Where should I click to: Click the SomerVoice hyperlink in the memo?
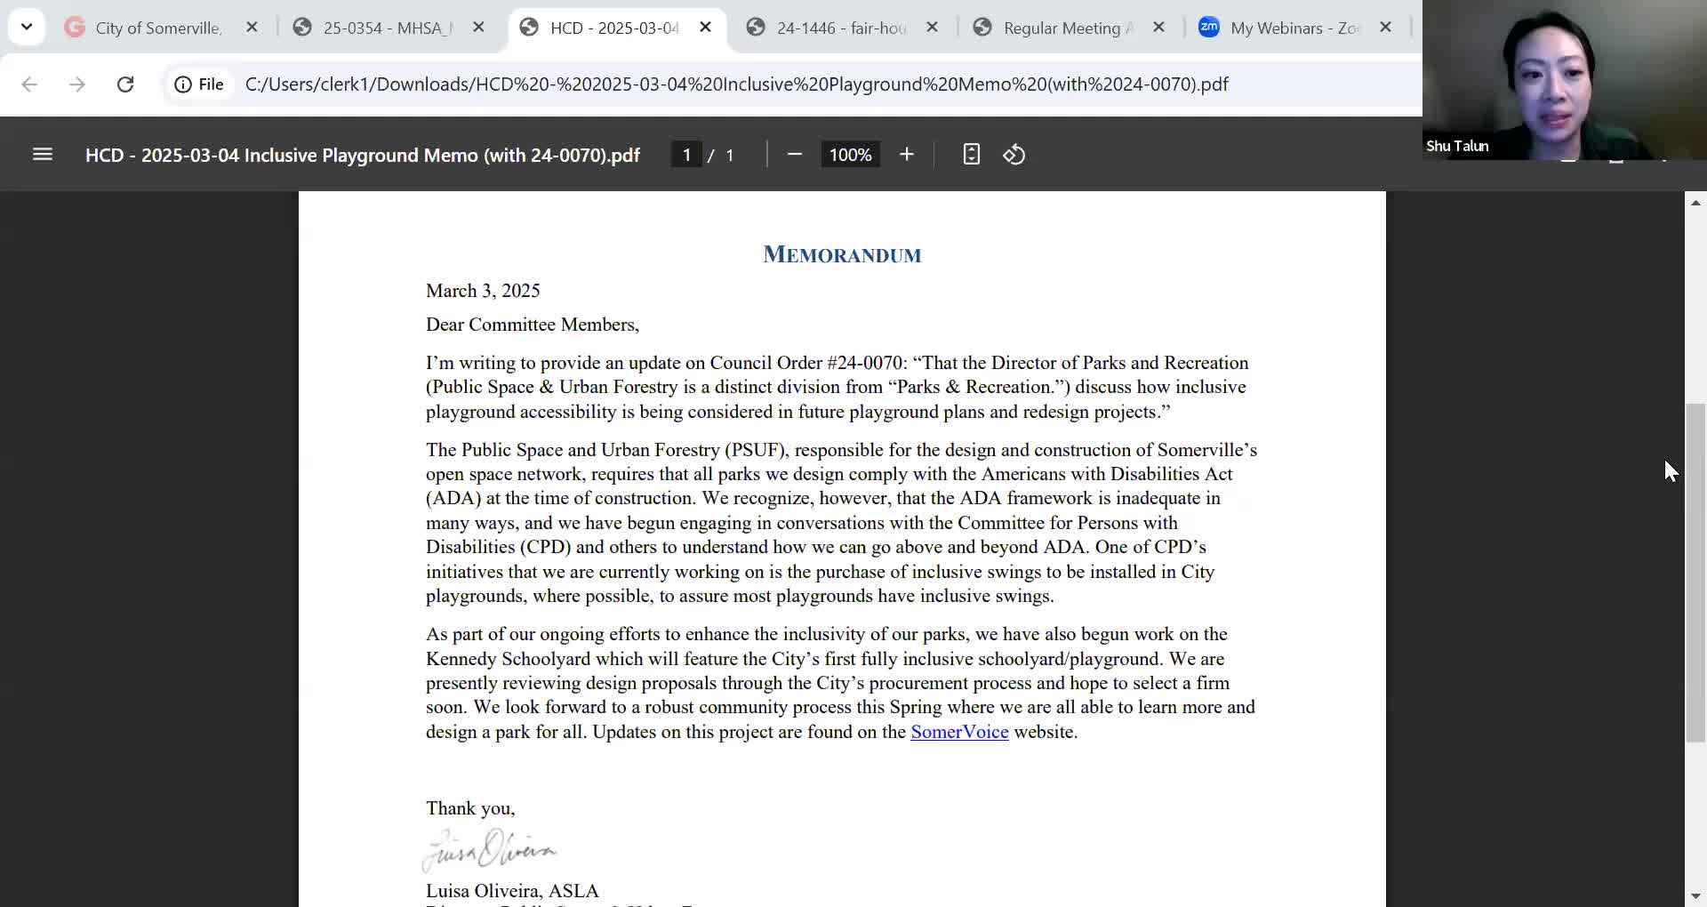(x=959, y=732)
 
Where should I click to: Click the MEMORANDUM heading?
(x=842, y=255)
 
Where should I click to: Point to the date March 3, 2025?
(x=483, y=291)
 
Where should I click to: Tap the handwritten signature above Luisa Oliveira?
(x=489, y=850)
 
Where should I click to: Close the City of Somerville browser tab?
(x=252, y=28)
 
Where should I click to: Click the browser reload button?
(x=125, y=84)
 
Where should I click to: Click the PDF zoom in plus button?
(x=906, y=155)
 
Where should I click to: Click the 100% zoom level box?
(x=850, y=155)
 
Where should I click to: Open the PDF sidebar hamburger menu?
(x=43, y=155)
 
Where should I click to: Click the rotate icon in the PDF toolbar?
(x=1014, y=155)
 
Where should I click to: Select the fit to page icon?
(x=971, y=155)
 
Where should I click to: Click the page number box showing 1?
(x=686, y=155)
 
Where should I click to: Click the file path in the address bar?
(x=736, y=84)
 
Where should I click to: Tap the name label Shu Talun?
(x=1457, y=146)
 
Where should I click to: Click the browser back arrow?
(x=29, y=84)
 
